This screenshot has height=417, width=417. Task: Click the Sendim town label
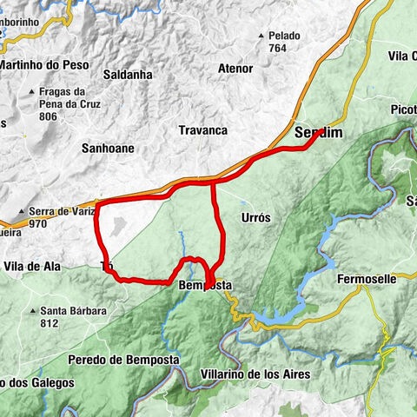(x=319, y=133)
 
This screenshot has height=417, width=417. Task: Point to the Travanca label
(x=202, y=130)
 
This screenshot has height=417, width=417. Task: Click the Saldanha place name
(x=128, y=75)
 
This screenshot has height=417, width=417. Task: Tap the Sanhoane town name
(x=109, y=148)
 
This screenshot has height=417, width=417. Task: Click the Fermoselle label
(x=366, y=279)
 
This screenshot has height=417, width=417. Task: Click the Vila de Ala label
(x=32, y=266)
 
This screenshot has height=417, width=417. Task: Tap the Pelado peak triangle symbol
(x=261, y=36)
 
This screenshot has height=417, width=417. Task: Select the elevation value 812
(x=49, y=323)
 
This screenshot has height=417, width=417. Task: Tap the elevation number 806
(x=50, y=116)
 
